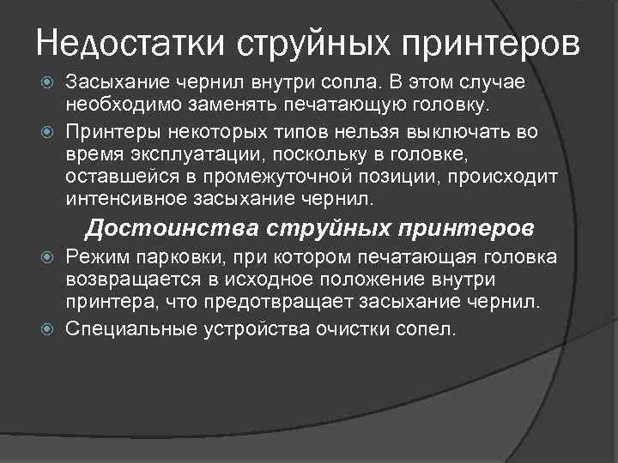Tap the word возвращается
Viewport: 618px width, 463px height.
point(128,281)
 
